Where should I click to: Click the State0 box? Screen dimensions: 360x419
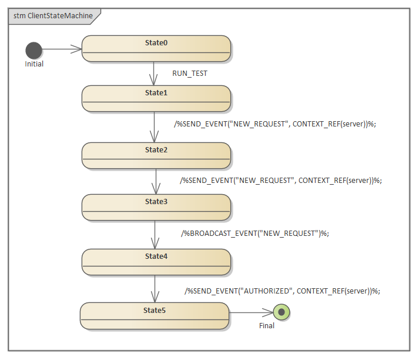pyautogui.click(x=156, y=48)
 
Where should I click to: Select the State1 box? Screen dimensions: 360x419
pyautogui.click(x=156, y=98)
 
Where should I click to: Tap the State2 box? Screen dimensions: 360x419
pyautogui.click(x=156, y=155)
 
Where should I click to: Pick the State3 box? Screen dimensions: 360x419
pyautogui.click(x=156, y=207)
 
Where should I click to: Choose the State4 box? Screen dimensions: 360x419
pyautogui.click(x=156, y=262)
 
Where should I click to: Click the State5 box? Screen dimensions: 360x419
pyautogui.click(x=155, y=315)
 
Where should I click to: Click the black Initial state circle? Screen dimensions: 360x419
pyautogui.click(x=34, y=50)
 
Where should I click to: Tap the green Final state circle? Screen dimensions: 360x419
pyautogui.click(x=281, y=312)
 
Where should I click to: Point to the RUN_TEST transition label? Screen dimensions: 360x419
pyautogui.click(x=189, y=74)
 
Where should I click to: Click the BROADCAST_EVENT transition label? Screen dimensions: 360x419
pyautogui.click(x=256, y=233)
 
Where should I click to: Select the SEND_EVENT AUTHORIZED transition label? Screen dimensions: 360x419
pyautogui.click(x=283, y=291)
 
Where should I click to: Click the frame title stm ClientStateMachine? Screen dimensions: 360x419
pyautogui.click(x=53, y=16)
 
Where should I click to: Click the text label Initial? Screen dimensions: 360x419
pyautogui.click(x=34, y=64)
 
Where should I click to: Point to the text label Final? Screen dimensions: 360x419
pyautogui.click(x=266, y=325)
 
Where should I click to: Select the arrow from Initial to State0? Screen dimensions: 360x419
pyautogui.click(x=62, y=49)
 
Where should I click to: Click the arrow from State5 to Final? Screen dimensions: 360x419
pyautogui.click(x=251, y=312)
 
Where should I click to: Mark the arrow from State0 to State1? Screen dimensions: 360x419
pyautogui.click(x=154, y=74)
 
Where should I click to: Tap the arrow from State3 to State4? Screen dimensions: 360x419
pyautogui.click(x=155, y=234)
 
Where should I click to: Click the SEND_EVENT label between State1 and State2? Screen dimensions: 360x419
pyautogui.click(x=274, y=124)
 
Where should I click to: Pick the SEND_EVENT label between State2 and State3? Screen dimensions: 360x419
pyautogui.click(x=281, y=181)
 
